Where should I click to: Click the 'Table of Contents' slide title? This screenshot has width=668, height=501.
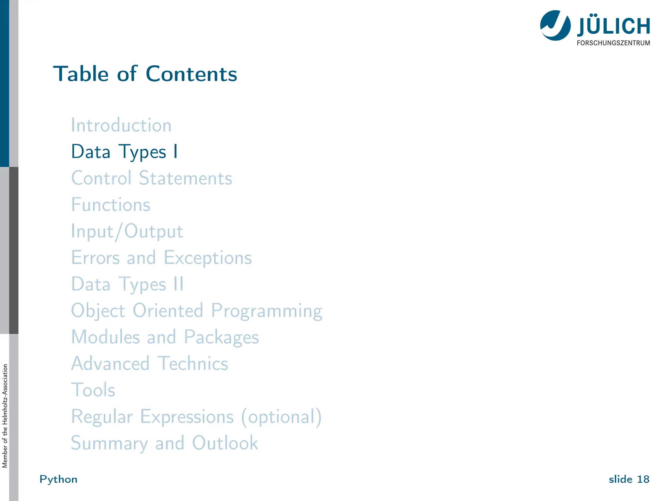click(x=145, y=74)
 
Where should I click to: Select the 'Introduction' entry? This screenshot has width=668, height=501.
click(x=121, y=125)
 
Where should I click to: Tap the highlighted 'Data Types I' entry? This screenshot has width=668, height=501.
click(x=125, y=152)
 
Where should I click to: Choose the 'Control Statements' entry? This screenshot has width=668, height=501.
click(x=152, y=178)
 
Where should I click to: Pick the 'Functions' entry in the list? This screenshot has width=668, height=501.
click(x=111, y=205)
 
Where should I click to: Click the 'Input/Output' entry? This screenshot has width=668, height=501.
click(x=127, y=232)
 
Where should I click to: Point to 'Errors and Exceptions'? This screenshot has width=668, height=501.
click(x=161, y=258)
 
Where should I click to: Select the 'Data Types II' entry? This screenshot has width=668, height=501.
click(x=128, y=284)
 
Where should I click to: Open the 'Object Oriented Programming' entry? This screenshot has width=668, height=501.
click(x=197, y=311)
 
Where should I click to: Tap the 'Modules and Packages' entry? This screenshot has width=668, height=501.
click(x=165, y=337)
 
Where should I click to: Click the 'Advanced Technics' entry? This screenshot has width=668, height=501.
click(x=150, y=363)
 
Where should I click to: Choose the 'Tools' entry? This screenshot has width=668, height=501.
click(x=93, y=390)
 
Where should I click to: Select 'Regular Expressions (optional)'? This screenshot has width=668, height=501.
click(x=196, y=417)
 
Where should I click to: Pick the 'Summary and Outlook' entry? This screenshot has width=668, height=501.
click(x=165, y=443)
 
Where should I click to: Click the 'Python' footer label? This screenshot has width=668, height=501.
click(x=58, y=479)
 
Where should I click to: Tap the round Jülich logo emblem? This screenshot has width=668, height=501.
click(x=555, y=25)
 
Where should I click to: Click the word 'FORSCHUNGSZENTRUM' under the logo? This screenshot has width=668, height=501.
click(x=613, y=43)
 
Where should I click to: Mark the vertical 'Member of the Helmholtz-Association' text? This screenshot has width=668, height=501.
click(x=5, y=416)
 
